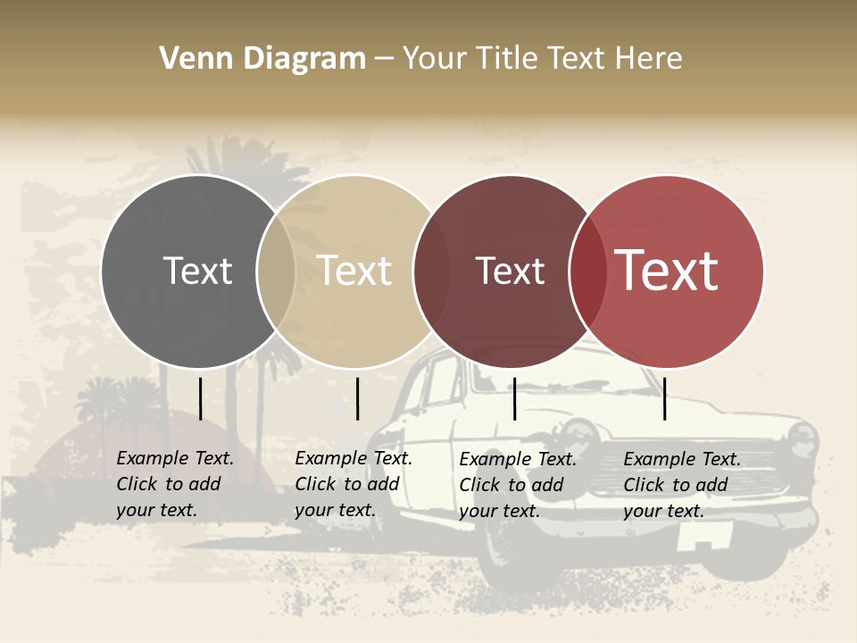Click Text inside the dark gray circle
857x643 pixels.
pyautogui.click(x=197, y=271)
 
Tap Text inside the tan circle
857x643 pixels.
pyautogui.click(x=354, y=271)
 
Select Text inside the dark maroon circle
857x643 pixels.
pyautogui.click(x=510, y=271)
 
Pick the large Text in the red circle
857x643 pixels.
pyautogui.click(x=667, y=271)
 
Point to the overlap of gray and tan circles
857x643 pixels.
pyautogui.click(x=276, y=271)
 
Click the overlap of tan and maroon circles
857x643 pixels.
pyautogui.click(x=429, y=271)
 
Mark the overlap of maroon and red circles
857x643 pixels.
pyautogui.click(x=587, y=271)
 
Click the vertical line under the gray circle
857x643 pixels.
pyautogui.click(x=200, y=398)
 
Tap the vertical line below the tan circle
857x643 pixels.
pyautogui.click(x=357, y=398)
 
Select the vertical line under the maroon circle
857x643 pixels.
pyautogui.click(x=514, y=398)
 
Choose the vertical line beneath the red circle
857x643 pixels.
pyautogui.click(x=664, y=398)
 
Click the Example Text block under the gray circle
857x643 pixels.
pyautogui.click(x=174, y=484)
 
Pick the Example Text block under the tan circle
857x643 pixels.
pyautogui.click(x=353, y=484)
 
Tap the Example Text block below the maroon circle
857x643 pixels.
pyautogui.click(x=517, y=485)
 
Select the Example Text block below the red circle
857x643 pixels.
pyautogui.click(x=681, y=485)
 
